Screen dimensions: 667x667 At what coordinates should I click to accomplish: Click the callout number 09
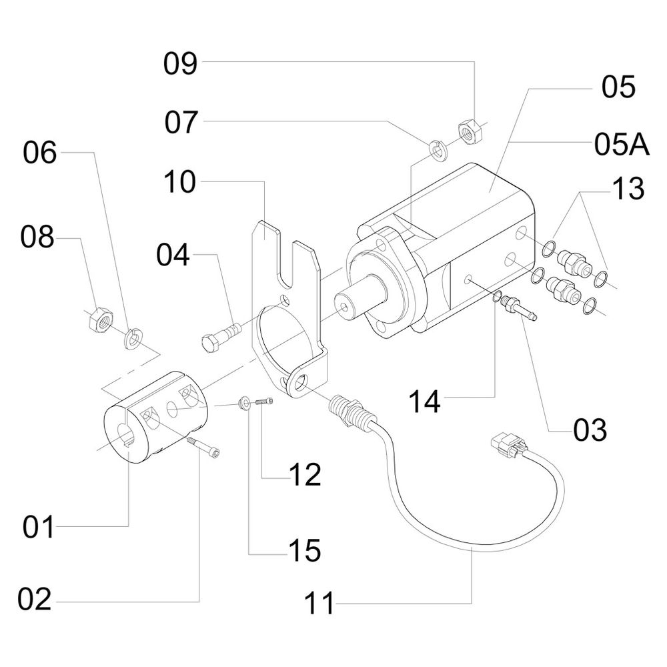click(181, 64)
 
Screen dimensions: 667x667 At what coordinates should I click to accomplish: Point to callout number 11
click(319, 605)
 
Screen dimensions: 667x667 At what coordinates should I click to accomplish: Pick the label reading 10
click(180, 182)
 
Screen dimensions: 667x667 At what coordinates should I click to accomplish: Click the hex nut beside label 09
click(471, 132)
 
